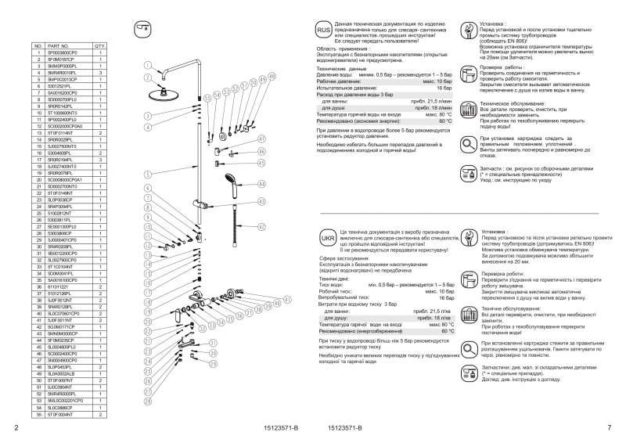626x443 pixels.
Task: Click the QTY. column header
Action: tap(100, 46)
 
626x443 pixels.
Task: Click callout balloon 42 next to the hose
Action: tap(262, 225)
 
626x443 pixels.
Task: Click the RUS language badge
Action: tap(324, 30)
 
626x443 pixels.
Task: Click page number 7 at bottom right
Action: tap(609, 427)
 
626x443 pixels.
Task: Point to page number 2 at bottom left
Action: tap(16, 427)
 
